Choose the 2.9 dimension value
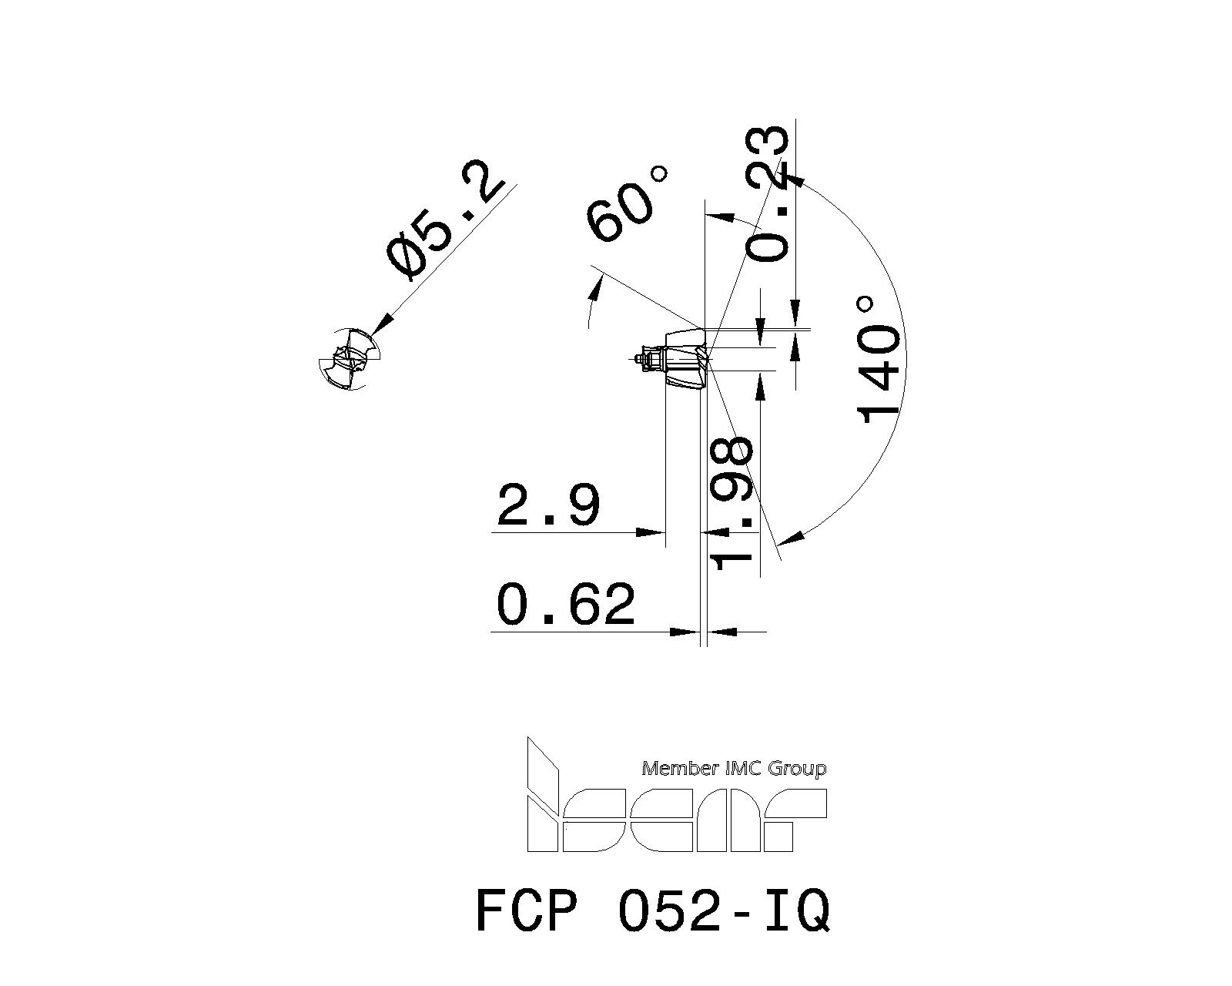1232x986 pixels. click(x=547, y=505)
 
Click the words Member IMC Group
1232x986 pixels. click(x=734, y=769)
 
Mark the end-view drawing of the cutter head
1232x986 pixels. click(x=350, y=358)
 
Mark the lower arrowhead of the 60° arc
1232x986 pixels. click(x=595, y=291)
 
